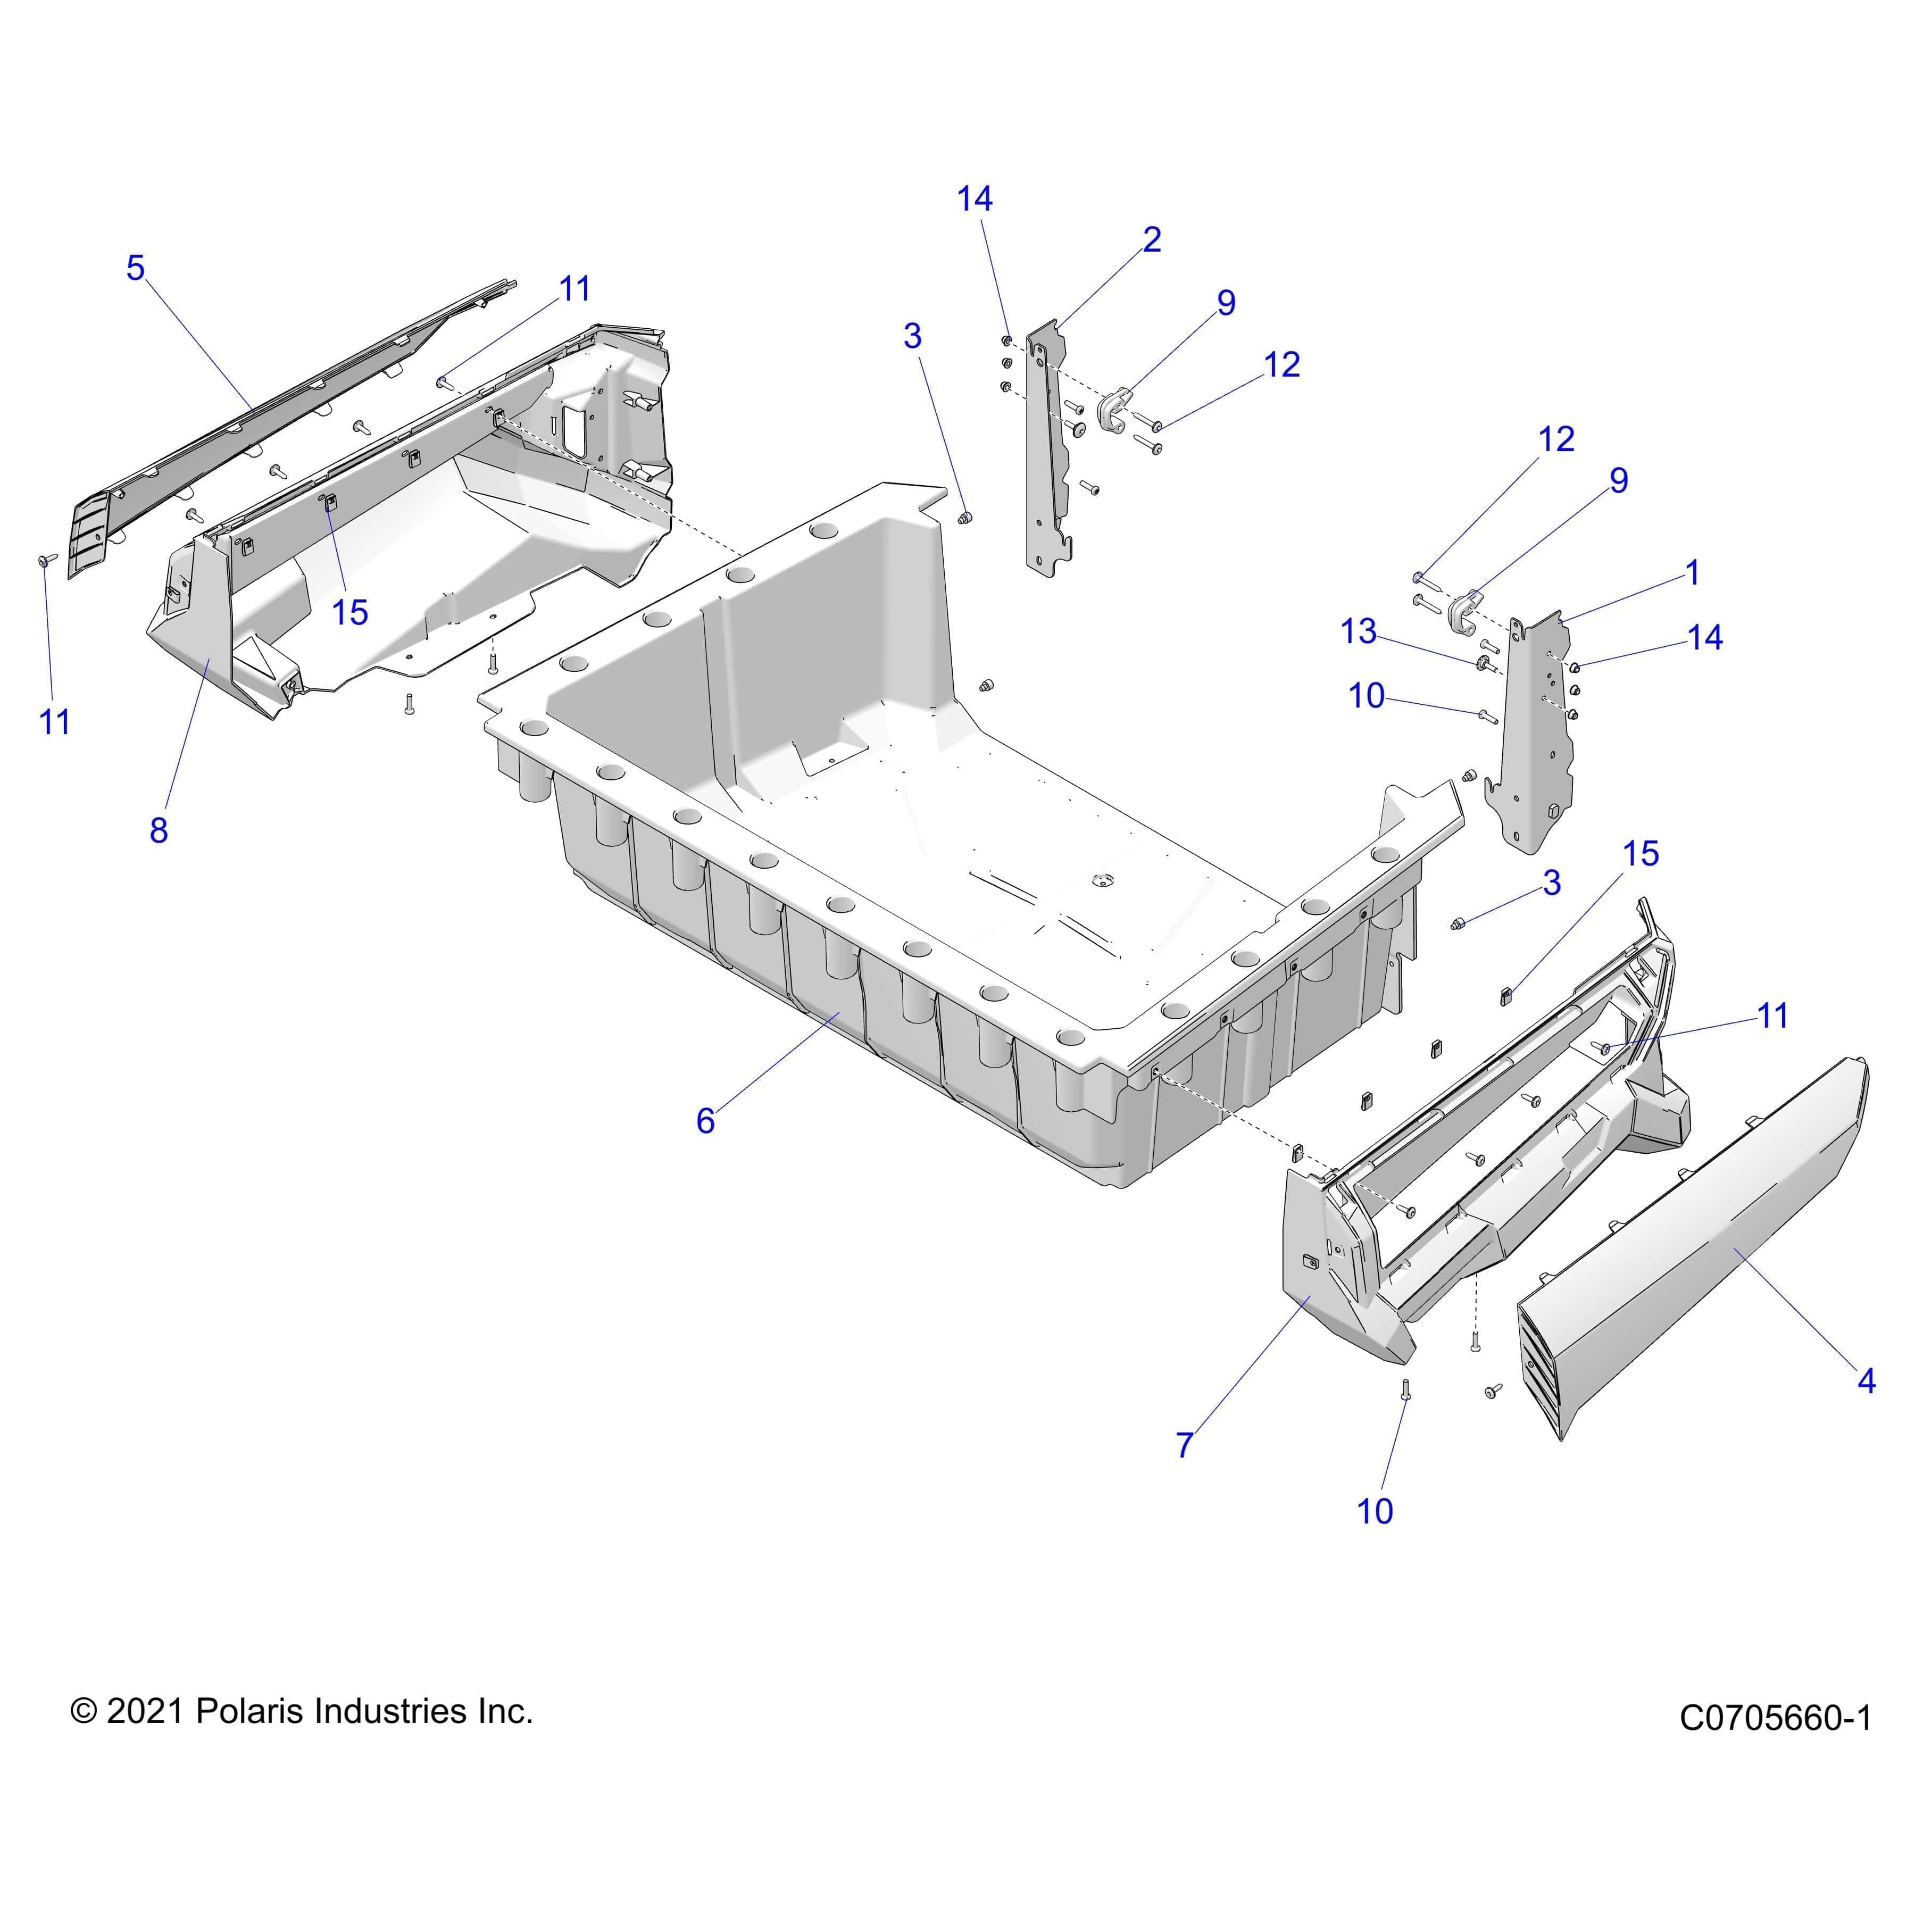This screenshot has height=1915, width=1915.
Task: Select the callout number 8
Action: tap(159, 830)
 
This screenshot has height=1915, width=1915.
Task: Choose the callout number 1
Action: tap(1693, 573)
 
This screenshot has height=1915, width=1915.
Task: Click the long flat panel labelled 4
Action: tap(1685, 1259)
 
